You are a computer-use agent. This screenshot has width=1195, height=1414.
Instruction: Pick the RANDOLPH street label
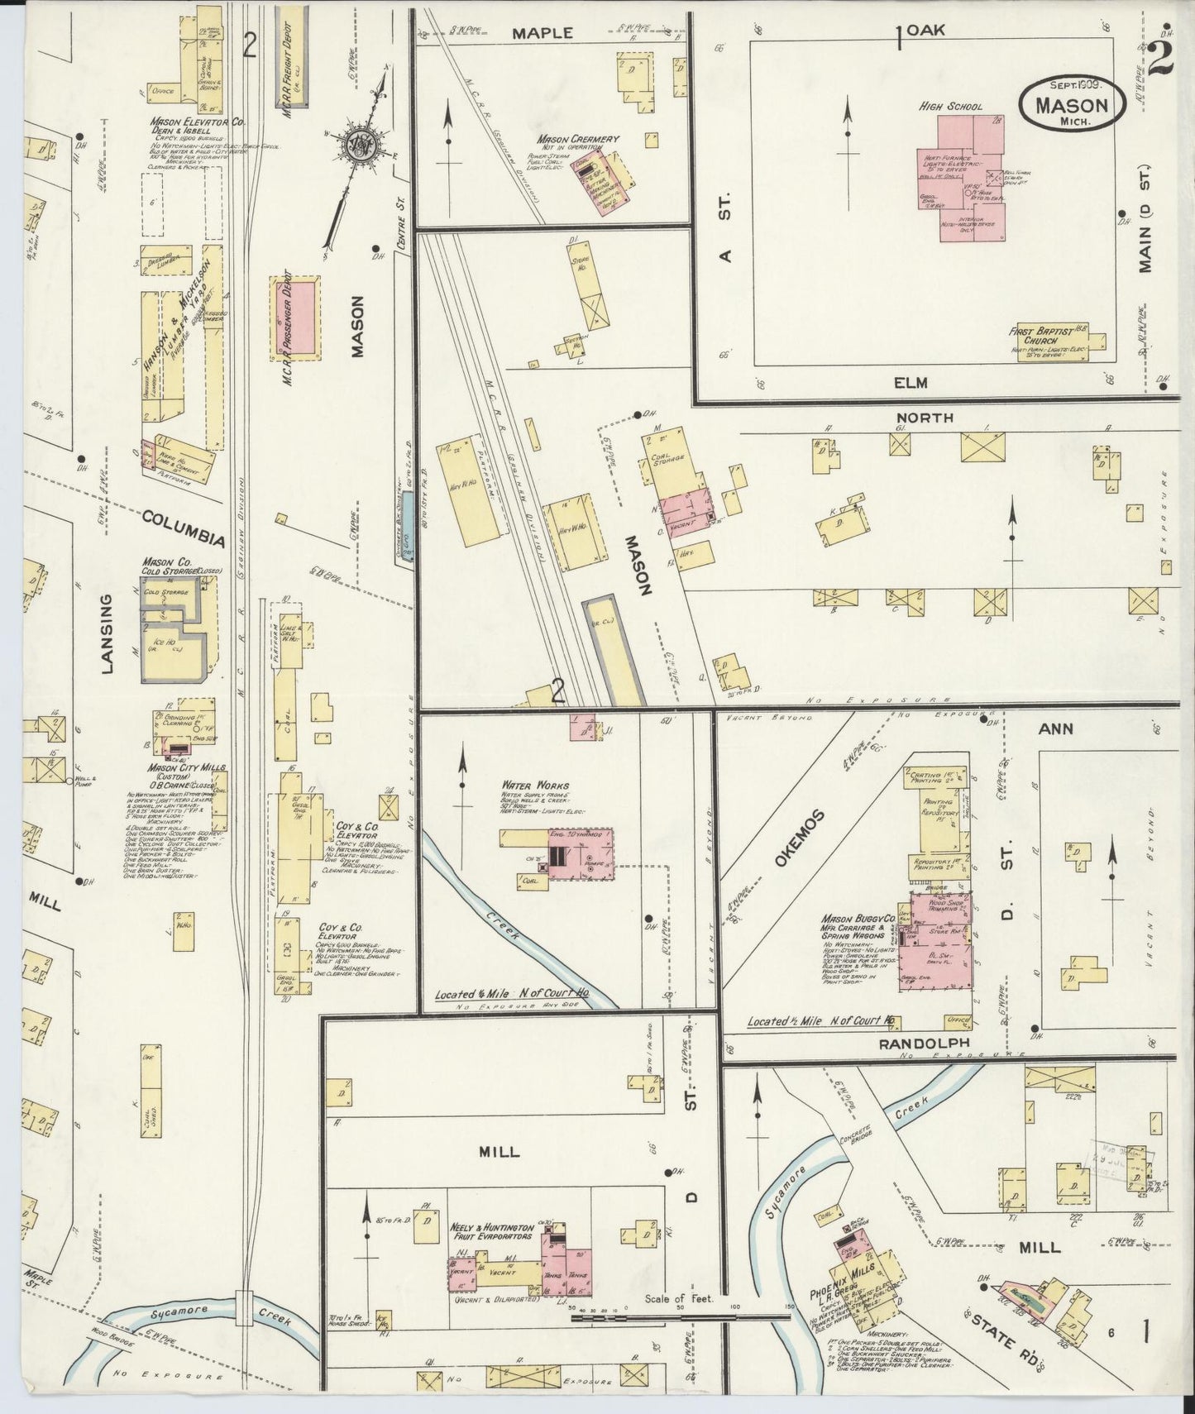coord(911,1044)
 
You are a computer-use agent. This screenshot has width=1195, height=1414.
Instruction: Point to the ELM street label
coord(910,383)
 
